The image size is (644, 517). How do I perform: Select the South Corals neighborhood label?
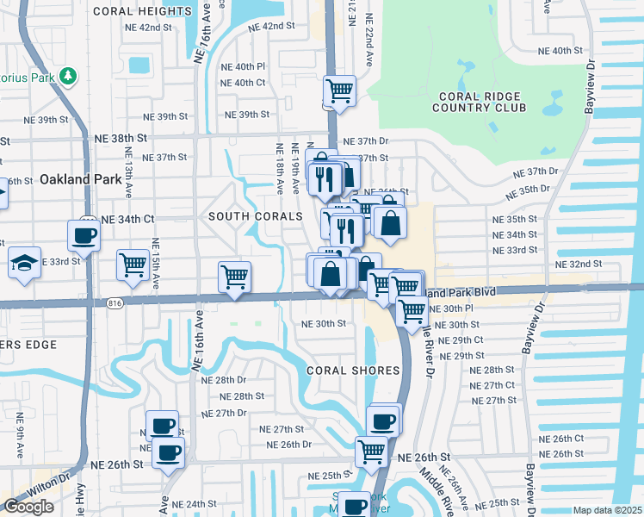256,216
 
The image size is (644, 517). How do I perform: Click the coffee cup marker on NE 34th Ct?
84,234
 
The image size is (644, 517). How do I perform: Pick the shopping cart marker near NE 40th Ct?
340,90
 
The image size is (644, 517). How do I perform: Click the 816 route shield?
116,302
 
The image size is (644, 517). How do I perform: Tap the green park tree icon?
67,77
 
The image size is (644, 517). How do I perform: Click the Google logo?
28,507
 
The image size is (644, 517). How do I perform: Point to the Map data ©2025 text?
606,510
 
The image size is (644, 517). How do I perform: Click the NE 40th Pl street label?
243,66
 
